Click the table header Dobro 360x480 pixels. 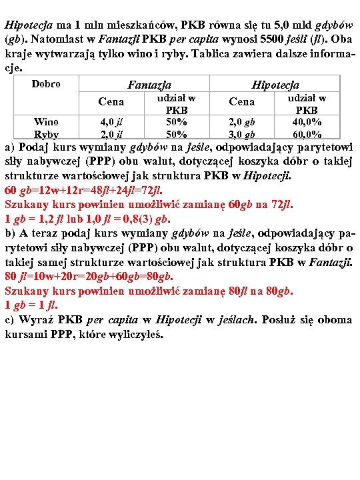pyautogui.click(x=46, y=84)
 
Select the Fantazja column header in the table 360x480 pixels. pyautogui.click(x=149, y=85)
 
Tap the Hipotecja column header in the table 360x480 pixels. pyautogui.click(x=275, y=85)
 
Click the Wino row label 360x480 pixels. pyautogui.click(x=46, y=121)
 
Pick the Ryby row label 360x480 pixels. pyautogui.click(x=46, y=134)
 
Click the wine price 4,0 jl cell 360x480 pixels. pyautogui.click(x=111, y=122)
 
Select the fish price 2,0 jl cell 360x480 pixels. pyautogui.click(x=111, y=134)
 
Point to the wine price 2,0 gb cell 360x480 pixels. pyautogui.click(x=241, y=122)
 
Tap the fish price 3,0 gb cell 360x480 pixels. pyautogui.click(x=241, y=134)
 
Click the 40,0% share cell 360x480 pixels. pyautogui.click(x=307, y=122)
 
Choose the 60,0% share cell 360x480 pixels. pyautogui.click(x=307, y=134)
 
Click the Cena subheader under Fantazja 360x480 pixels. pyautogui.click(x=111, y=102)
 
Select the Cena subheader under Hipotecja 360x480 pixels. pyautogui.click(x=241, y=102)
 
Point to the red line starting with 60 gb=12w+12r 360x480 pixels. pyautogui.click(x=83, y=189)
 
